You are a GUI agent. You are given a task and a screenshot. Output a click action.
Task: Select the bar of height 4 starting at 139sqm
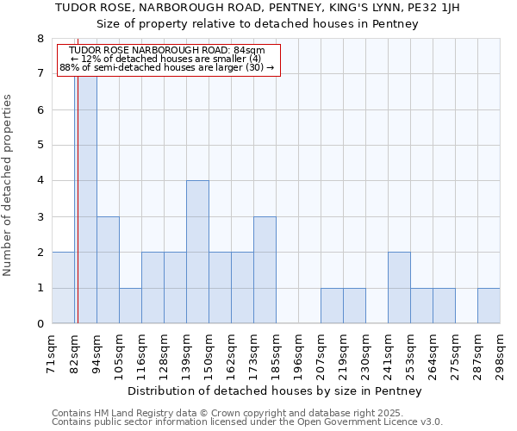click(197, 252)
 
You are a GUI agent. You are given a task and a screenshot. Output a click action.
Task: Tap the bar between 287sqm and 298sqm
click(489, 306)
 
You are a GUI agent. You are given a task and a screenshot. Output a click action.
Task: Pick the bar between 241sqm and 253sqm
click(399, 288)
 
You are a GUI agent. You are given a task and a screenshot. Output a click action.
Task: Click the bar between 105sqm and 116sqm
click(130, 306)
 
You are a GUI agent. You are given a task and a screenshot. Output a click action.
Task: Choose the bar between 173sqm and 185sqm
click(265, 270)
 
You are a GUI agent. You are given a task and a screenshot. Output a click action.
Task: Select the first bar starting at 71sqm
click(63, 288)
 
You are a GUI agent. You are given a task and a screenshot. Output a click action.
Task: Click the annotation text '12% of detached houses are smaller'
click(170, 59)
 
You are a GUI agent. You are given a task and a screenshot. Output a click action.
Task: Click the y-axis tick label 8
click(40, 39)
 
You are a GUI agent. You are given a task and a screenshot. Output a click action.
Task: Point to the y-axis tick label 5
click(40, 146)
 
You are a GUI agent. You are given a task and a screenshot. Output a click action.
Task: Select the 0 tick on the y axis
click(40, 324)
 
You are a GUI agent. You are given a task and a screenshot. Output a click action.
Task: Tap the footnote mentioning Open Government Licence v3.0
click(247, 422)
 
